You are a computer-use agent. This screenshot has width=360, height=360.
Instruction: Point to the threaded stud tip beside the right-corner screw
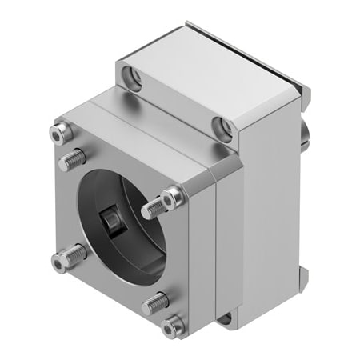(150, 210)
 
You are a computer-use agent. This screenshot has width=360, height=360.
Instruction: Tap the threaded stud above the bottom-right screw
(158, 302)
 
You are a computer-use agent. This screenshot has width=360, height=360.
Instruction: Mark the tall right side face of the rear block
(268, 208)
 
